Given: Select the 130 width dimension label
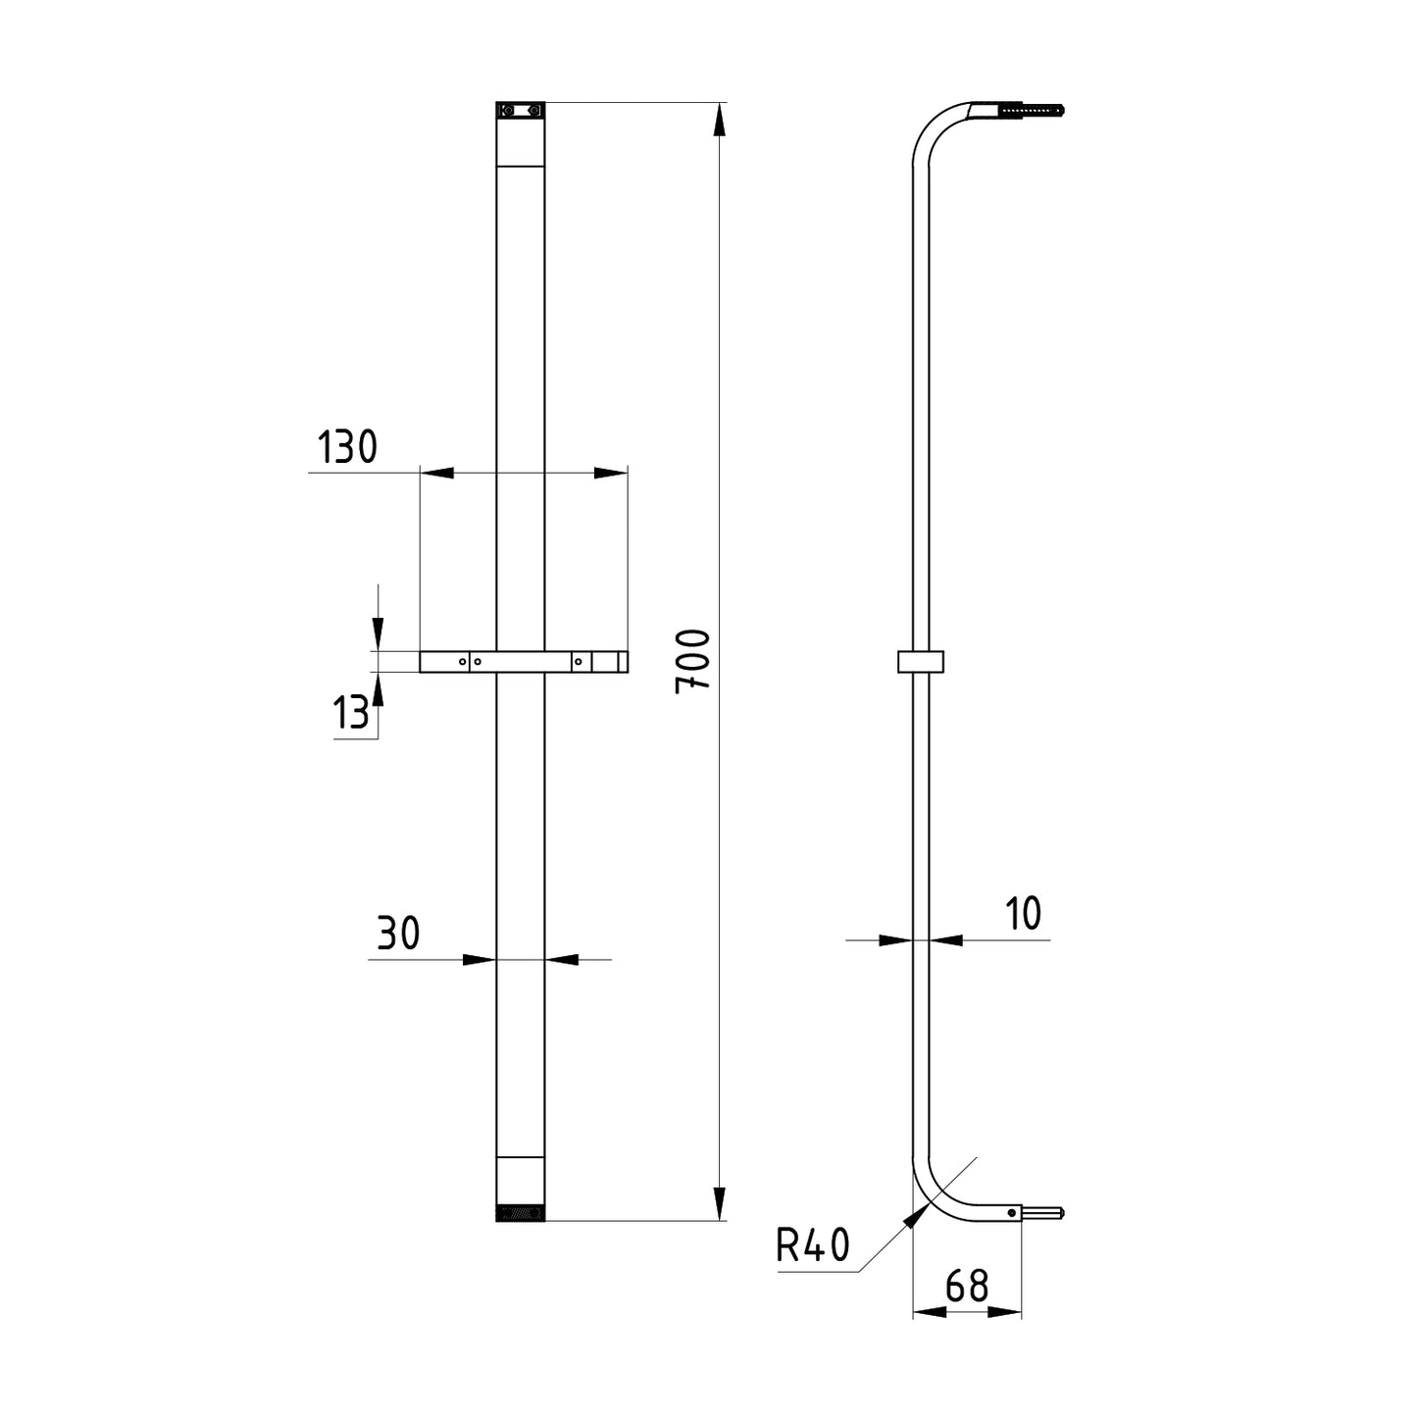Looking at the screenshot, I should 347,447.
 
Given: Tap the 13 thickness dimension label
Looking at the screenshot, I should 351,713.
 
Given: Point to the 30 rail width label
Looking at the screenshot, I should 398,934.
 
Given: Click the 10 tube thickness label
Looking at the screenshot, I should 1023,914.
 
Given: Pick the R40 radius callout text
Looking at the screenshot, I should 813,1246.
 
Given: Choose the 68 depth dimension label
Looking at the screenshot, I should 967,1286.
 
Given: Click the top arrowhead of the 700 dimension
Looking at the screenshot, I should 720,120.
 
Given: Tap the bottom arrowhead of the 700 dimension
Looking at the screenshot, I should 720,1203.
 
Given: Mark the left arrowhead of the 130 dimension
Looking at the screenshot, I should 437,474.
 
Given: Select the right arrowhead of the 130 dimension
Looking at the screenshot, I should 610,474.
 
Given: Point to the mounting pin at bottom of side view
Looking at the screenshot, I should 1041,1213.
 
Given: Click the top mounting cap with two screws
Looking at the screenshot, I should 520,111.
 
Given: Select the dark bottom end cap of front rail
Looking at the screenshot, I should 520,1215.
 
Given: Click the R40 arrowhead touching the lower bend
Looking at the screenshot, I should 916,1216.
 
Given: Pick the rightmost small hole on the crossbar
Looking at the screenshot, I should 579,662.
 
